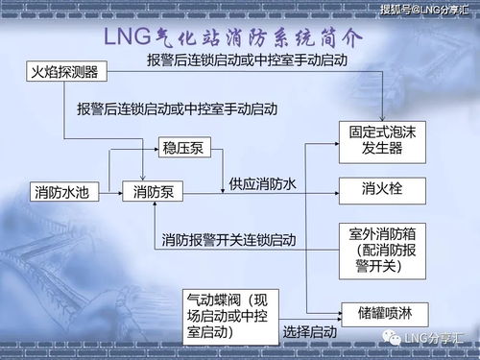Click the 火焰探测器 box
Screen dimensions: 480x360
pyautogui.click(x=65, y=73)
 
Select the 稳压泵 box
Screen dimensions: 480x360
pyautogui.click(x=182, y=148)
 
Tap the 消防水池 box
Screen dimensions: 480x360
pyautogui.click(x=60, y=192)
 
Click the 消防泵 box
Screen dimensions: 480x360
pyautogui.click(x=154, y=192)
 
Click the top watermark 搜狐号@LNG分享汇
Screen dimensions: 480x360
pyautogui.click(x=420, y=11)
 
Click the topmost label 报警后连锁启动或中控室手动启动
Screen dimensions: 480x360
pyautogui.click(x=247, y=60)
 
